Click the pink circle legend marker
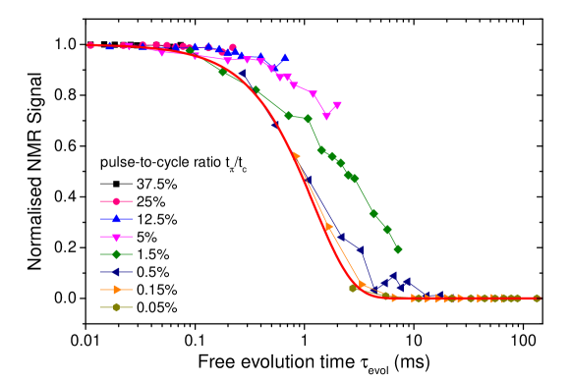coord(116,201)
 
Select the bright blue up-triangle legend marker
coord(116,219)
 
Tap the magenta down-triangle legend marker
coord(116,237)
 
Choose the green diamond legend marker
coord(116,254)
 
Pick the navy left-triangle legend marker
coord(116,272)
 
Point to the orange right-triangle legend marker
coord(116,290)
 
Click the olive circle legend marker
coord(116,307)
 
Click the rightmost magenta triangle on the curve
coord(337,106)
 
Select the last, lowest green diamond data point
coord(398,249)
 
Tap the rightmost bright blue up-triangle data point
coord(284,59)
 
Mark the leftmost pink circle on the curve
coord(90,45)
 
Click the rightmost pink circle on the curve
coord(233,47)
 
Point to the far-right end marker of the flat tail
coord(537,298)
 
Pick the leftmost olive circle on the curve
coord(353,288)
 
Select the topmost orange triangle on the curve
coord(296,156)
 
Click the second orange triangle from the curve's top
coord(328,227)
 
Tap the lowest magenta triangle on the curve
coord(327,116)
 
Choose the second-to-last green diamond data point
coord(387,230)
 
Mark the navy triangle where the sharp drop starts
coord(361,250)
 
